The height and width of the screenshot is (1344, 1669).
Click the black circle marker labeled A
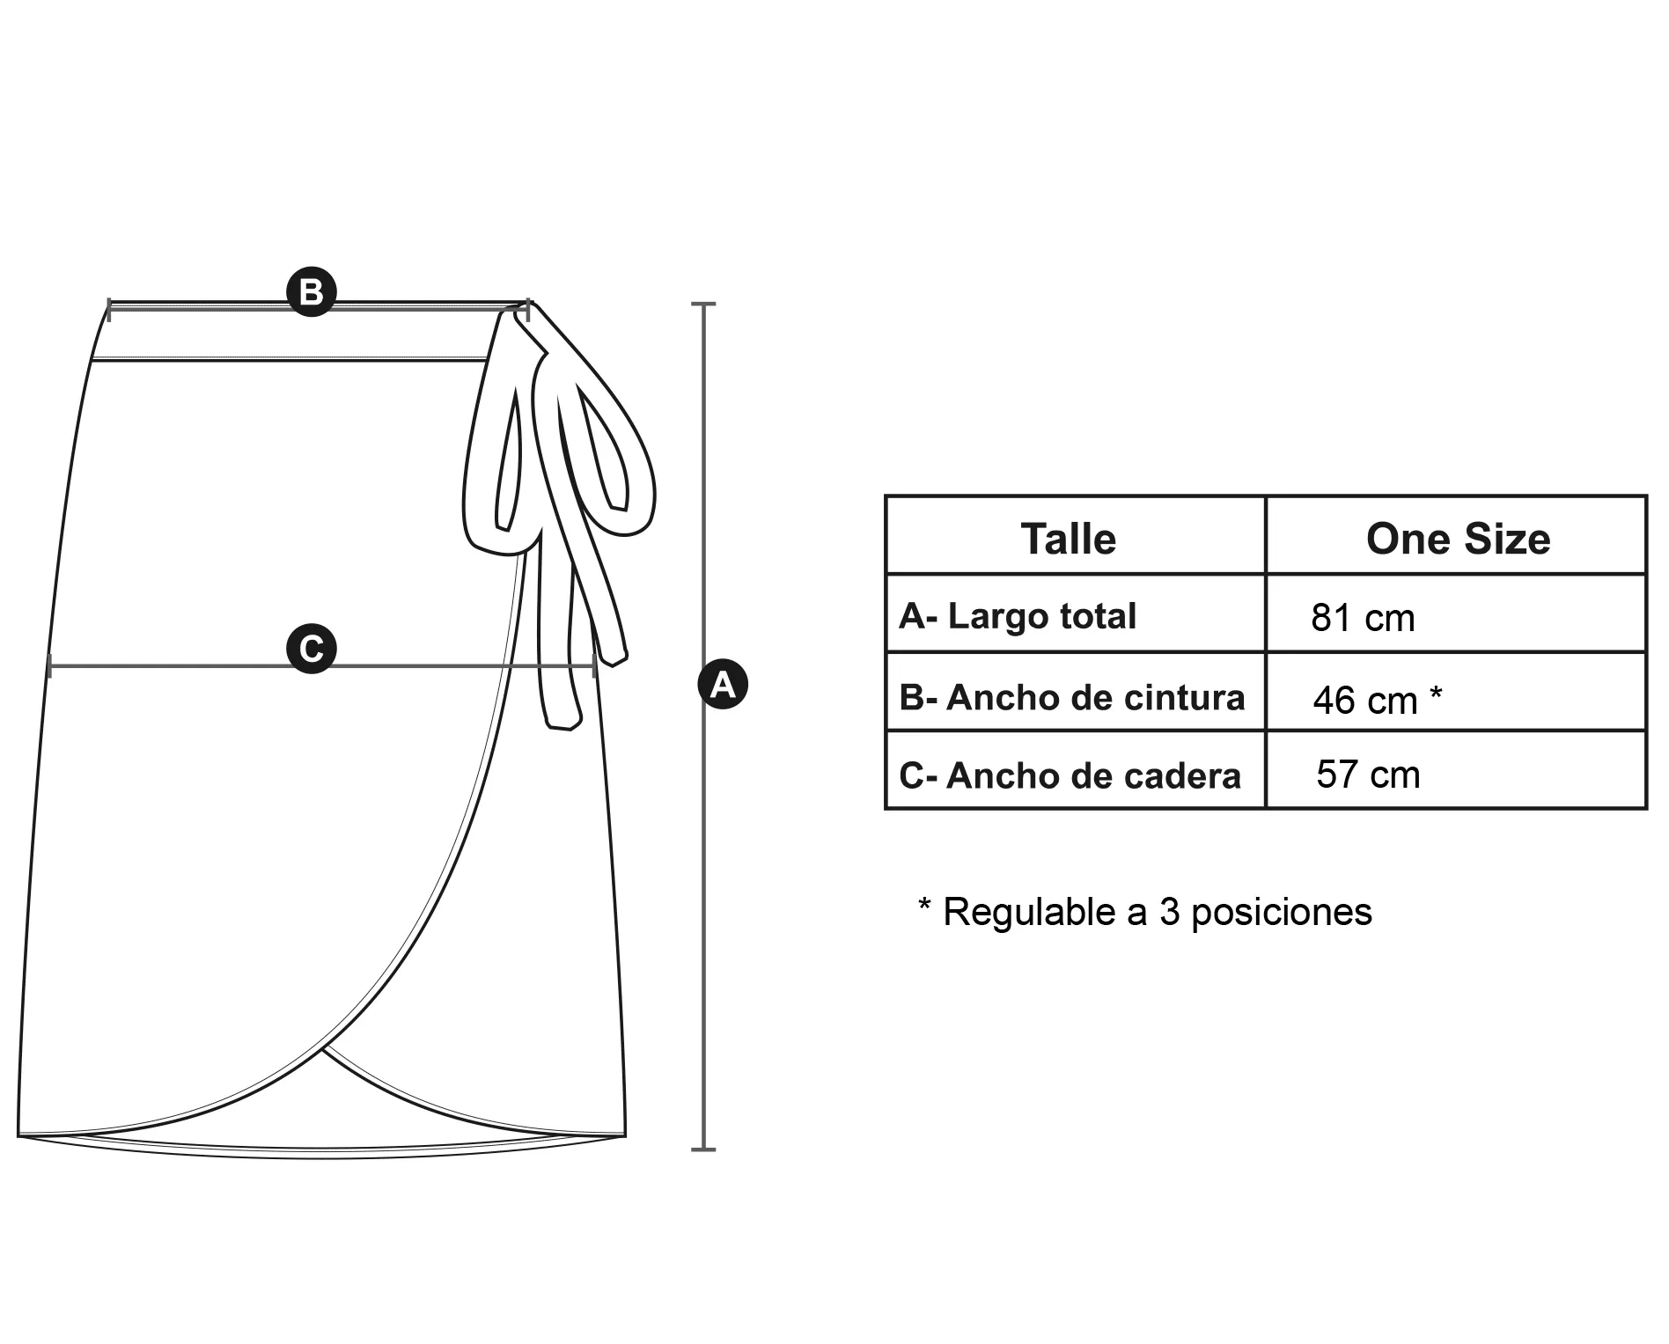(x=723, y=684)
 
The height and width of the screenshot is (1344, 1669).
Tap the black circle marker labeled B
(x=312, y=291)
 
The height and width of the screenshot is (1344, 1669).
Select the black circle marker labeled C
(x=312, y=649)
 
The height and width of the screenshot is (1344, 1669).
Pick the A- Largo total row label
(x=1018, y=615)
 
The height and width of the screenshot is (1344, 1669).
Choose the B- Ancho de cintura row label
(x=1072, y=697)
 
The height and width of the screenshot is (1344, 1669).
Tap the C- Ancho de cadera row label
(x=1070, y=775)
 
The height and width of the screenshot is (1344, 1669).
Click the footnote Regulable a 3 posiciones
(x=1144, y=912)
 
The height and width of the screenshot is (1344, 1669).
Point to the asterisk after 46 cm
(x=1435, y=694)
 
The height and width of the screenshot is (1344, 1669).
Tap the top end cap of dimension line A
(x=703, y=304)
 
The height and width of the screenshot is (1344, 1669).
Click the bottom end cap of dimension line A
(x=703, y=1149)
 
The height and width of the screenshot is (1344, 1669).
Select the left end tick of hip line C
(x=50, y=665)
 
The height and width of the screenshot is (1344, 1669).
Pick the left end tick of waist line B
(x=109, y=309)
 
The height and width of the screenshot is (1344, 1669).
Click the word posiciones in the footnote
(x=1282, y=913)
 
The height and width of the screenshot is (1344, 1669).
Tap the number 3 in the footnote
(x=1169, y=912)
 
